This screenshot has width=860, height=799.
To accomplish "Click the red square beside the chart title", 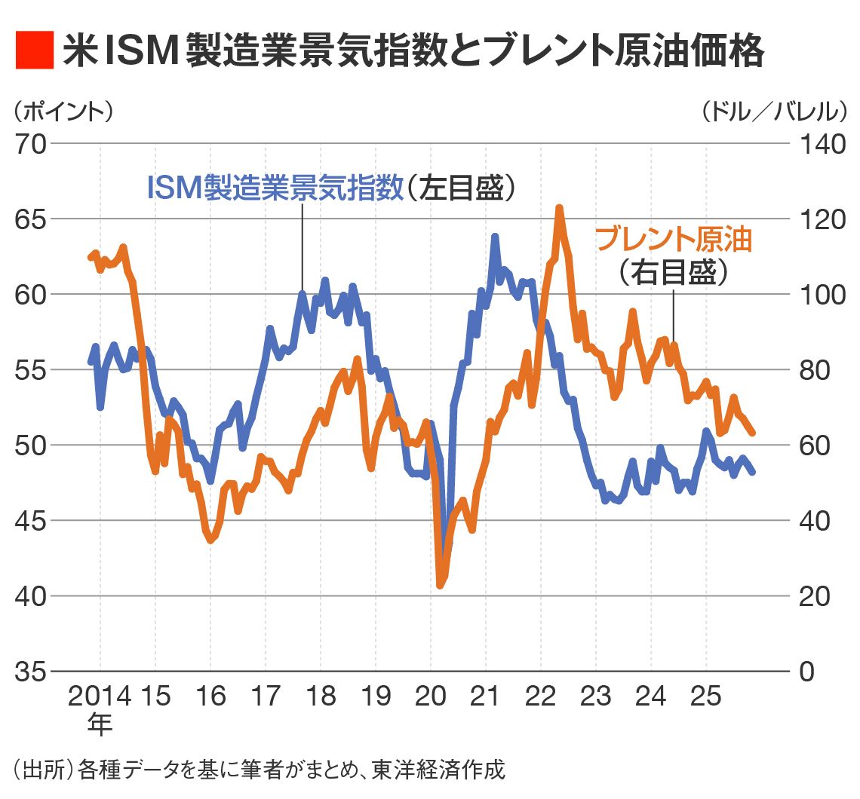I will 34,51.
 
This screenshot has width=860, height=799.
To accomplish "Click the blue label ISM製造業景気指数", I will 276,188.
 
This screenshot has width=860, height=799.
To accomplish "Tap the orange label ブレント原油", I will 674,239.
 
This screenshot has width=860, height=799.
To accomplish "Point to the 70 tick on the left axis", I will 31,143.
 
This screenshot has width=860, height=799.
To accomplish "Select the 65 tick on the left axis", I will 31,219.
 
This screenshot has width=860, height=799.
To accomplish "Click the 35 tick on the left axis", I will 31,672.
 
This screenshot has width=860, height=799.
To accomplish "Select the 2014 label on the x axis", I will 100,696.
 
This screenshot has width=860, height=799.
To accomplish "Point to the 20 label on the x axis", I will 431,696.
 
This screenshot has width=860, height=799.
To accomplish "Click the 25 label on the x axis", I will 706,696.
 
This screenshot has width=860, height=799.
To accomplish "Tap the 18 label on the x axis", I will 321,696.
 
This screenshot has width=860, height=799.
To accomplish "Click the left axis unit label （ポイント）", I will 63,112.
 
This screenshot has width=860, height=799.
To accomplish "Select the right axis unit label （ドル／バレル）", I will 775,112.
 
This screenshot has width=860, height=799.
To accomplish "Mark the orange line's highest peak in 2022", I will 559,207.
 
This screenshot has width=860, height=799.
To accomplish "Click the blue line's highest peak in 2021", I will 495,237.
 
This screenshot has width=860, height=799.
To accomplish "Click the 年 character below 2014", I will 99,724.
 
